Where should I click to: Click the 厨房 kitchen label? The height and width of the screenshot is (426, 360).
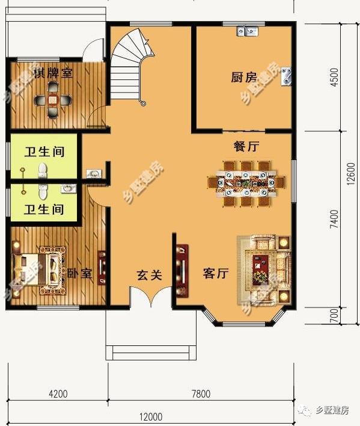point(244,77)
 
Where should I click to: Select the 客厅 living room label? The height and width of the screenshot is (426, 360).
point(216,274)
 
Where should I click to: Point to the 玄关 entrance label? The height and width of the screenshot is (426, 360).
point(149,275)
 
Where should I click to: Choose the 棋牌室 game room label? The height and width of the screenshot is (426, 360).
point(53,73)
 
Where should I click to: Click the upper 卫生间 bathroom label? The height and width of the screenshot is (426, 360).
point(44,152)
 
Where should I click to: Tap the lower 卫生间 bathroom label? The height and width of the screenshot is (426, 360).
point(44,209)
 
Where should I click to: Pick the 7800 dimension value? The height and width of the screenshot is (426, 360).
point(201,395)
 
